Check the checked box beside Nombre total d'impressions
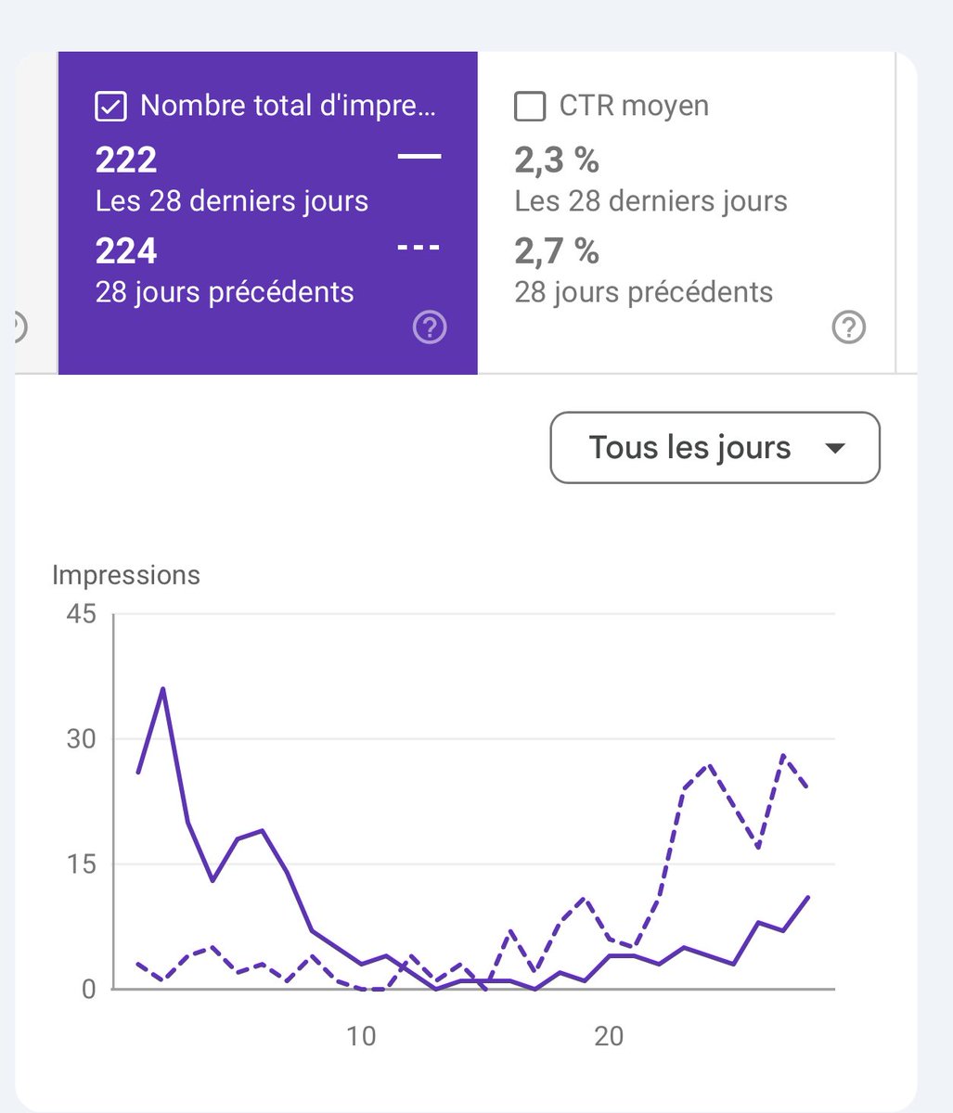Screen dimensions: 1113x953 (x=110, y=107)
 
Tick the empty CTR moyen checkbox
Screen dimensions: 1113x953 (x=530, y=107)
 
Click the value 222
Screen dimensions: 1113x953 (x=126, y=160)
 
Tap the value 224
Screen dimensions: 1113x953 (x=126, y=251)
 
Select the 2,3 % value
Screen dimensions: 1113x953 (x=557, y=160)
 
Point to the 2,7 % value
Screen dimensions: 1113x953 (x=557, y=251)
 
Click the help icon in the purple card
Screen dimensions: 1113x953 (x=430, y=327)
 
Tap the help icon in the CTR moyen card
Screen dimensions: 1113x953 (x=849, y=327)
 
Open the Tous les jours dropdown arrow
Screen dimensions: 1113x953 (x=835, y=449)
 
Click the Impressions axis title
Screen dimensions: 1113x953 (x=126, y=575)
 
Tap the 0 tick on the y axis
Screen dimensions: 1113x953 (x=89, y=989)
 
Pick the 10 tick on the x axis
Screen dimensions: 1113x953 (x=361, y=1036)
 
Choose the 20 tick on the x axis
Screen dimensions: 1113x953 (x=609, y=1036)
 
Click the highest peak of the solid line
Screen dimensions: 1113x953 (x=163, y=688)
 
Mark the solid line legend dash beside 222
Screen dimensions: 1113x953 (x=419, y=157)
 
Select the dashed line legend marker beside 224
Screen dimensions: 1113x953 (x=419, y=248)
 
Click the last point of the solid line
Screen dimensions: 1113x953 (x=808, y=897)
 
